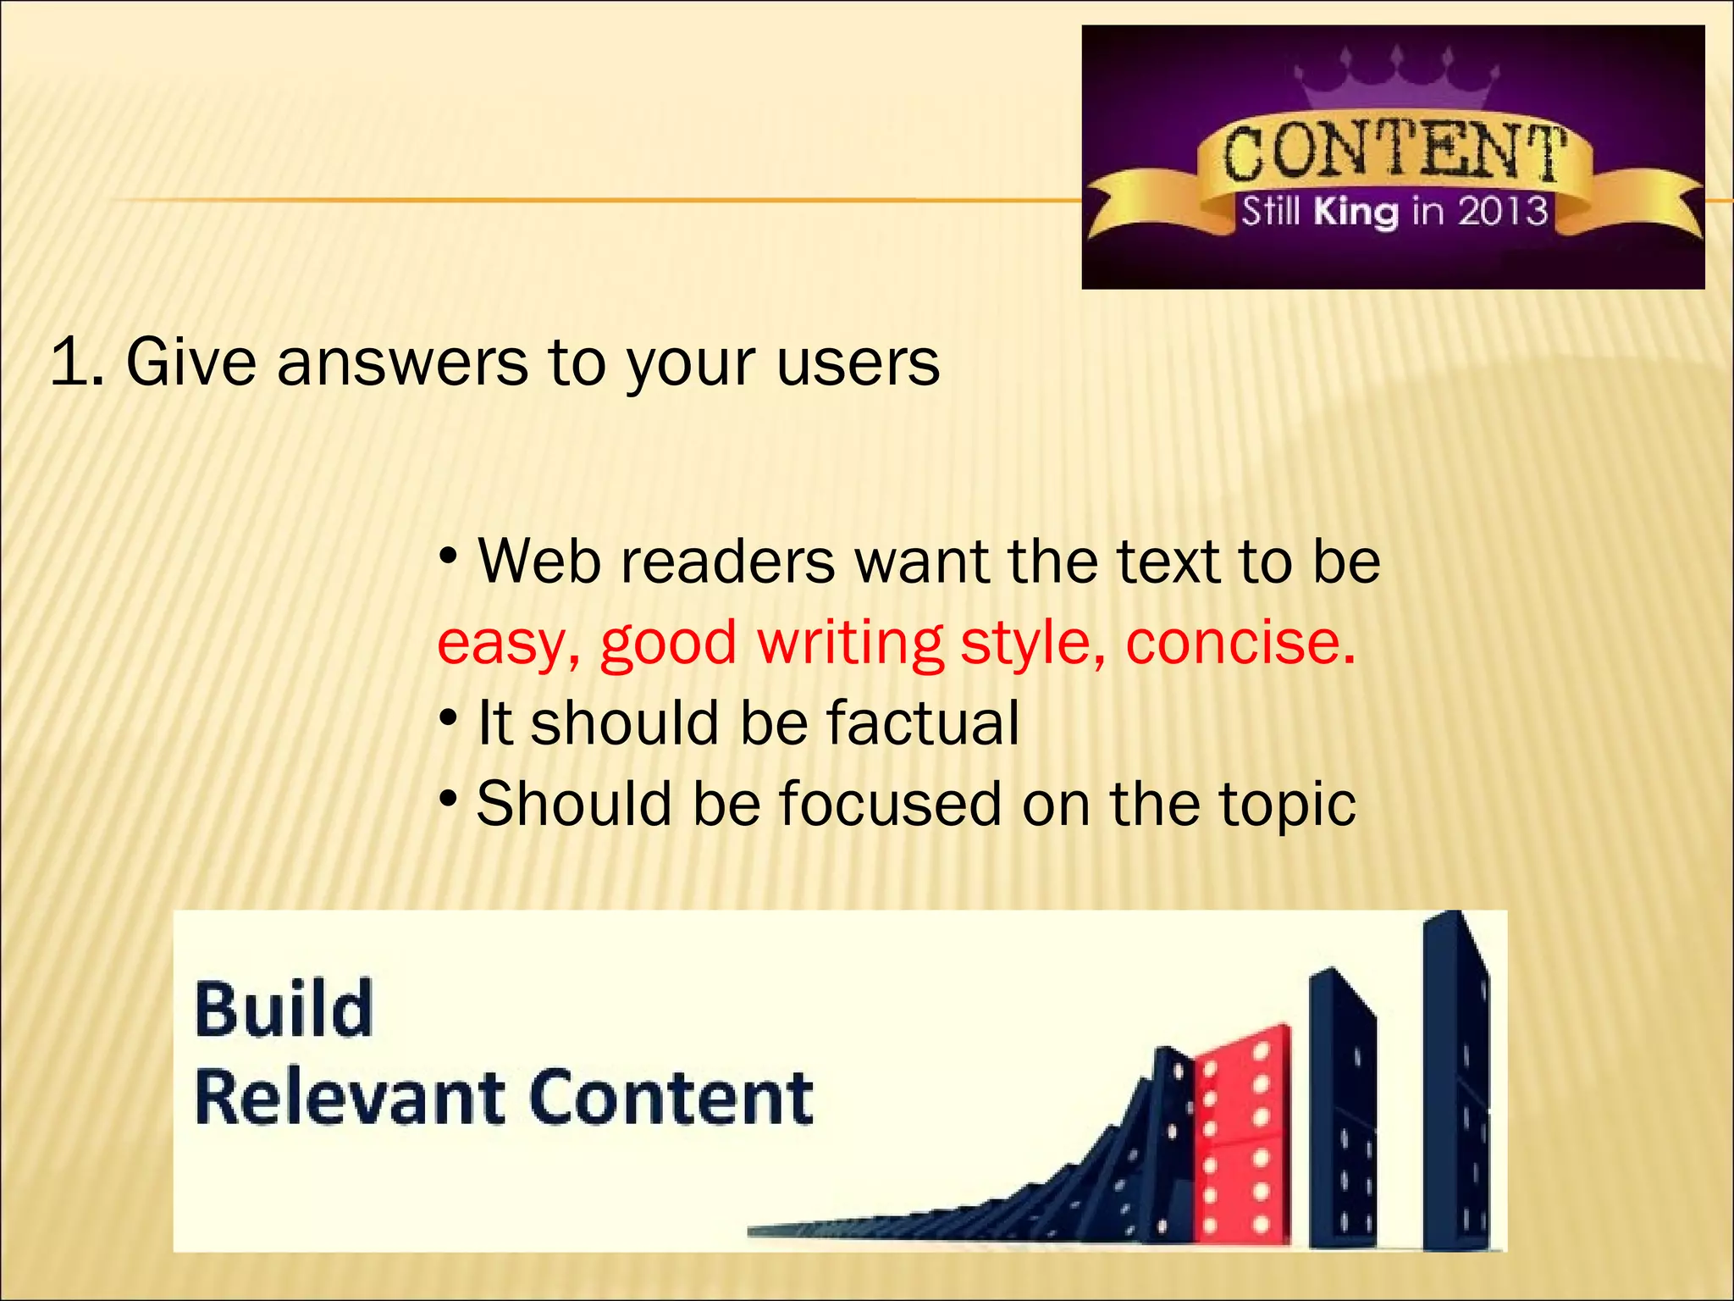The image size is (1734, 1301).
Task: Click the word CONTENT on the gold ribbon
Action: pos(1393,152)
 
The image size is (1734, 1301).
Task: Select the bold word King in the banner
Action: pos(1356,211)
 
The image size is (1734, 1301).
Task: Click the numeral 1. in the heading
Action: pos(77,363)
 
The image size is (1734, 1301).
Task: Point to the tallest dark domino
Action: pos(1456,1084)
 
